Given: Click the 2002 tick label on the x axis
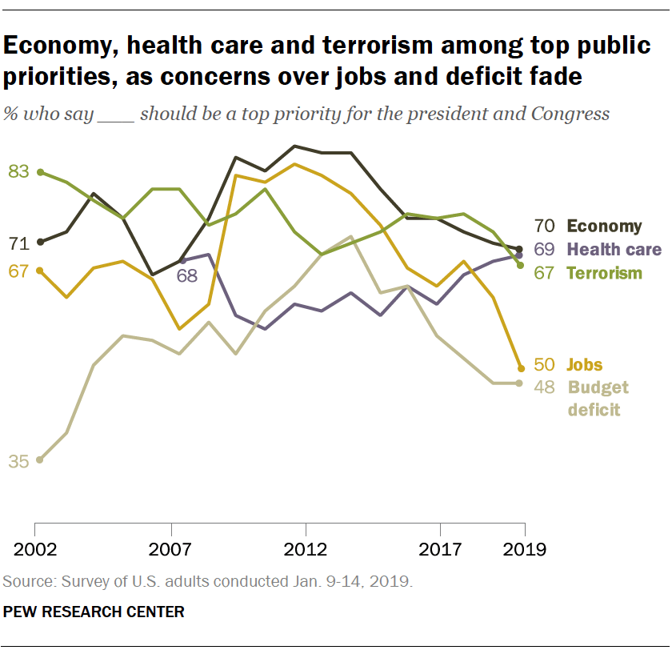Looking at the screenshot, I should [35, 550].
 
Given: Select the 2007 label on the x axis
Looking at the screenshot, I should [171, 550].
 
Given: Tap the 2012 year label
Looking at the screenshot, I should [306, 550].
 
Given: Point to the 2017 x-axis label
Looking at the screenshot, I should [440, 550].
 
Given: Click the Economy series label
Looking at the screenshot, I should [604, 227].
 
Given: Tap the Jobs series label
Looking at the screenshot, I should [585, 365].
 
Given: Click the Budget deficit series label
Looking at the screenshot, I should [598, 399].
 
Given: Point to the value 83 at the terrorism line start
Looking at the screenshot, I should [18, 171].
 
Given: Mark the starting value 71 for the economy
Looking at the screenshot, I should [18, 243].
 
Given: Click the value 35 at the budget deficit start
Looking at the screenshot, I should [18, 461].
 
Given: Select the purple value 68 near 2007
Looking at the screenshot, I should [187, 277].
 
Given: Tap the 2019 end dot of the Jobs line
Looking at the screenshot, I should [520, 369].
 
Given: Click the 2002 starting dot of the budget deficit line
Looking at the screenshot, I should [39, 459].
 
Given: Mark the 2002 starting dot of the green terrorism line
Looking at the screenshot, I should [39, 171].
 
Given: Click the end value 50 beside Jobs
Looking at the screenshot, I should [545, 365].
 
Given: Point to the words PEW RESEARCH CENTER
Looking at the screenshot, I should [94, 612].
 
